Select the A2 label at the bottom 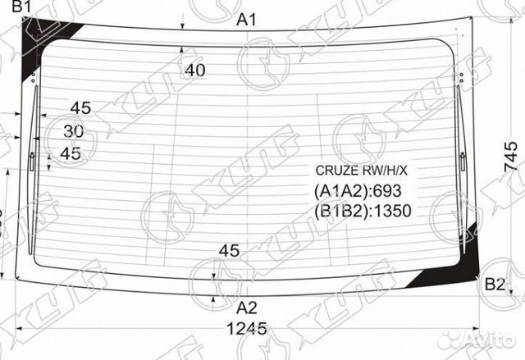click(247, 308)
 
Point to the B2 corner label click(495, 285)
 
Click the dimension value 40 click(194, 71)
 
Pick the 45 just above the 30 click(80, 107)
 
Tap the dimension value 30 click(73, 130)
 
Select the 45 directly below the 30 click(71, 153)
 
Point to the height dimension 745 click(511, 157)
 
